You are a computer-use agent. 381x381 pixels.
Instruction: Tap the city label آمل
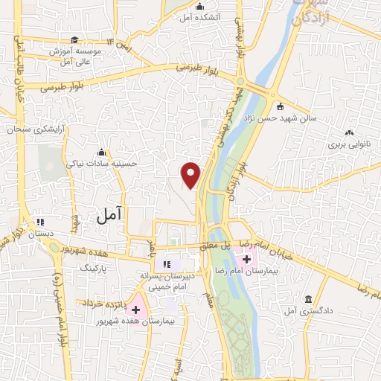tap(109, 215)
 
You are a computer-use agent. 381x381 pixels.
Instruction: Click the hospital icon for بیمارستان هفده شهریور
tap(135, 308)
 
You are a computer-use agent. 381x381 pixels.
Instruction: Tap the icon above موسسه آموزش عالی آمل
tap(74, 40)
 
